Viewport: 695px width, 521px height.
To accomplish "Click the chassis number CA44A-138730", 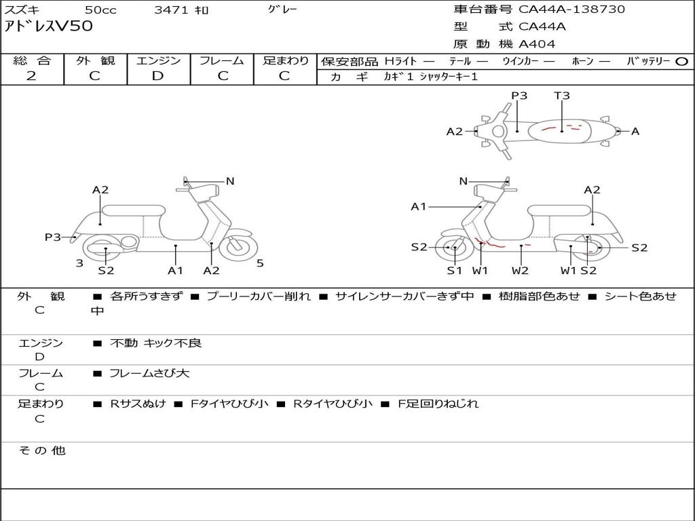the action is (571, 9).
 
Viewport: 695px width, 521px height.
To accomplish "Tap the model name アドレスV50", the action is (49, 26).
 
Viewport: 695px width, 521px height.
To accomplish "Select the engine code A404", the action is (537, 44).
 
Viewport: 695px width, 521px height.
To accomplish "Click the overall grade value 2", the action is (31, 76).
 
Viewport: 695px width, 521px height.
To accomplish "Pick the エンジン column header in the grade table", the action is (158, 60).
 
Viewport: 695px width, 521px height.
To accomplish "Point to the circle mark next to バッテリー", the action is (681, 62).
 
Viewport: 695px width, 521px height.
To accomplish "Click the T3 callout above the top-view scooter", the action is (561, 95).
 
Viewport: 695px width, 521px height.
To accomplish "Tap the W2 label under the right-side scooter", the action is (520, 270).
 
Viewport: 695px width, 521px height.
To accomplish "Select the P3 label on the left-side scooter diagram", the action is (52, 237).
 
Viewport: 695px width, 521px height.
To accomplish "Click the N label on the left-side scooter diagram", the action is (229, 180).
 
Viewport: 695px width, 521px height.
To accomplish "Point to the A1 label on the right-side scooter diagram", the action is (418, 206).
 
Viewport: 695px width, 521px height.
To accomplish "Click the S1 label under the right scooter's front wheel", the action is (454, 270).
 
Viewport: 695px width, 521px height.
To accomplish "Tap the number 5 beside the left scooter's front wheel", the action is (260, 263).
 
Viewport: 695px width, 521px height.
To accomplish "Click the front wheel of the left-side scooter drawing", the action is (238, 248).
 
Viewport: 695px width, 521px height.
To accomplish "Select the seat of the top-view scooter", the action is (559, 131).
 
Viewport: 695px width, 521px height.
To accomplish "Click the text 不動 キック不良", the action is (155, 343).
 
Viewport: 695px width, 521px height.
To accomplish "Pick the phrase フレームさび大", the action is (149, 373).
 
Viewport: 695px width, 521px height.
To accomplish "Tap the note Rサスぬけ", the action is (138, 404).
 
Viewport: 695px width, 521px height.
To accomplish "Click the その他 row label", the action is (42, 450).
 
